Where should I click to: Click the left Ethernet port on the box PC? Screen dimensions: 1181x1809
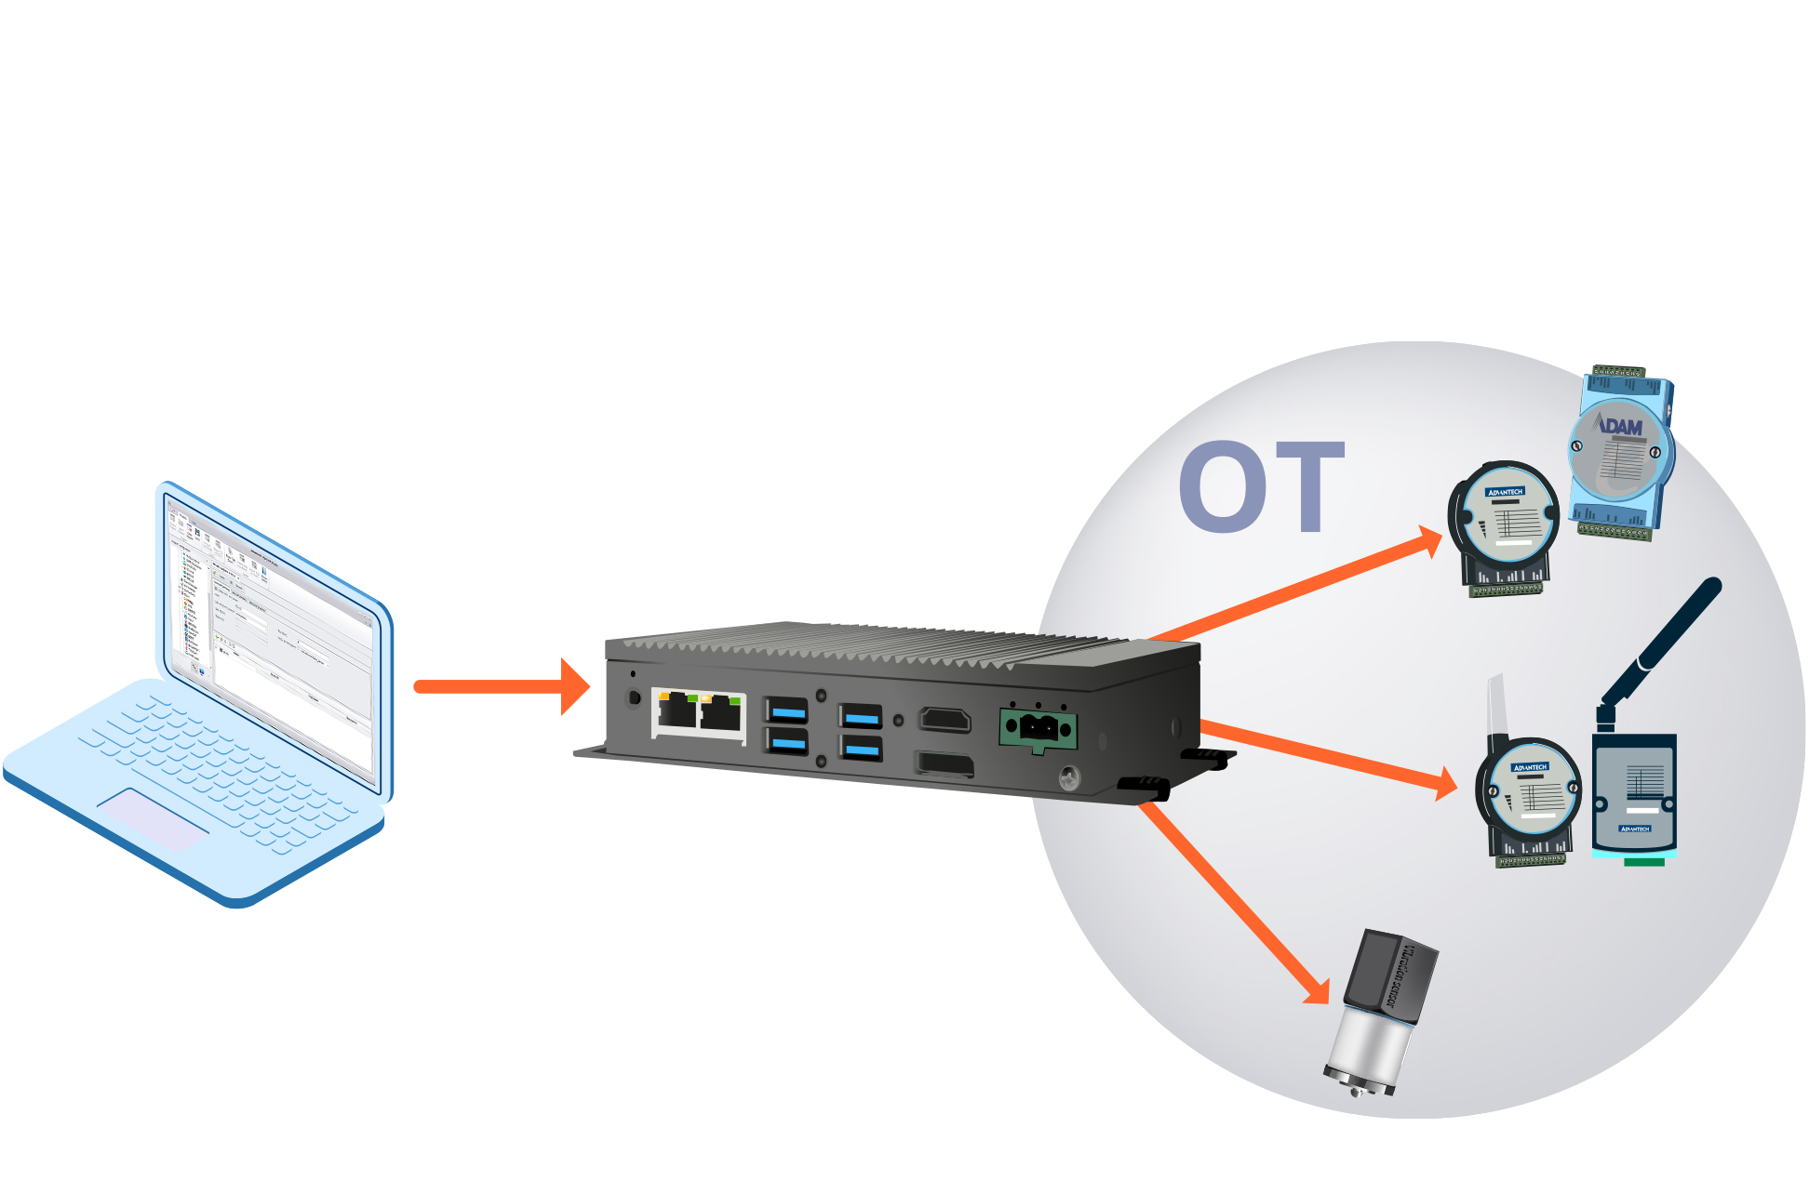[677, 712]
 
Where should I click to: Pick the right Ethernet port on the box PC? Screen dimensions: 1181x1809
[720, 713]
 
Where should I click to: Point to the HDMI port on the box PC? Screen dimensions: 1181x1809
[945, 720]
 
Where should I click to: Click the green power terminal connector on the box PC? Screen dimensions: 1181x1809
[1038, 728]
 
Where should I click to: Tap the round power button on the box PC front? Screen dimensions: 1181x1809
[635, 697]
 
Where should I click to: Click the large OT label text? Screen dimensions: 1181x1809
[1261, 487]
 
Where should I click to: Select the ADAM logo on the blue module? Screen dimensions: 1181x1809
[1620, 426]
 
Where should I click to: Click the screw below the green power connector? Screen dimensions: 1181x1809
[1069, 776]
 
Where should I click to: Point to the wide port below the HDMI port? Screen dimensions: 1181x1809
[945, 764]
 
